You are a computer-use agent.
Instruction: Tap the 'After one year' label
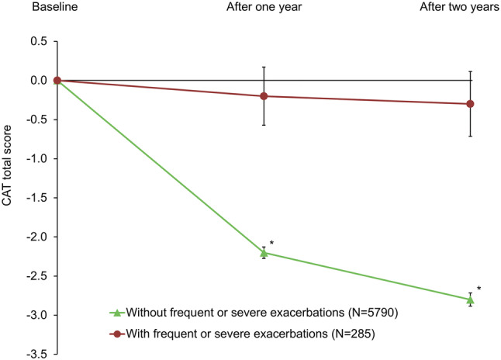(264, 9)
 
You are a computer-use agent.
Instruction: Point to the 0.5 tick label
(37, 41)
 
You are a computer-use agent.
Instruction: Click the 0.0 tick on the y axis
(37, 81)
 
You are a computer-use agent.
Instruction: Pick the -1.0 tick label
(36, 159)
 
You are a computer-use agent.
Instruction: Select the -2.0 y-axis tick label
(36, 237)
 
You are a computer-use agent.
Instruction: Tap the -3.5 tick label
(36, 355)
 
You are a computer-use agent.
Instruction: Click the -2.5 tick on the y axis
(36, 276)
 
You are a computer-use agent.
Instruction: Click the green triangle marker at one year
(264, 252)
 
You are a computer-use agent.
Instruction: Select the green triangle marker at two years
(470, 299)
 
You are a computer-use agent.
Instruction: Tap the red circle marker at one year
(264, 96)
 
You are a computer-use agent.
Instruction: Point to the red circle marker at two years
(470, 104)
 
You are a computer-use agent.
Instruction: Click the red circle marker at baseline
(57, 81)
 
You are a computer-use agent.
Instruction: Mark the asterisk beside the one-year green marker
(272, 243)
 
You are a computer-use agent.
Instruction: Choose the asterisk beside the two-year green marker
(479, 289)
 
